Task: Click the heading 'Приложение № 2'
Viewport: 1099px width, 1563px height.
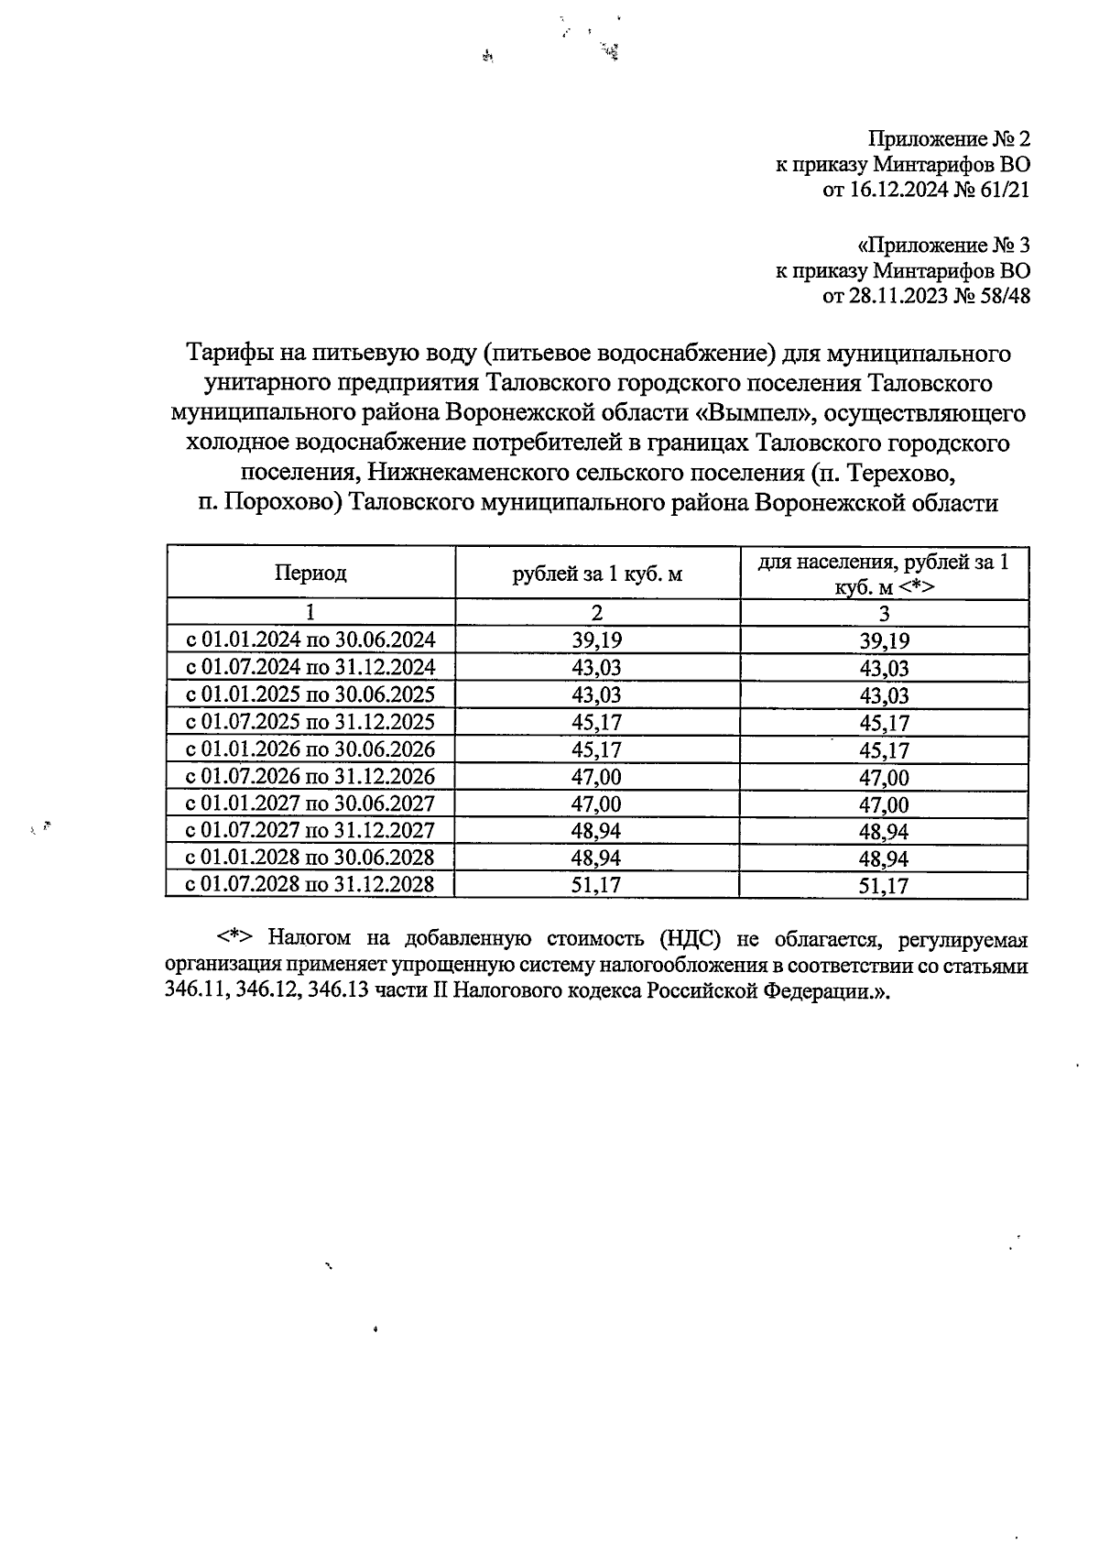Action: coord(949,139)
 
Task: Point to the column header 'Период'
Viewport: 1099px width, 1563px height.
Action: coord(310,574)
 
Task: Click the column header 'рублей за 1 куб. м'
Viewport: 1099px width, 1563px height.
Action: coord(597,574)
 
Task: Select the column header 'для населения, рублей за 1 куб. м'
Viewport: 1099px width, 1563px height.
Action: coord(883,574)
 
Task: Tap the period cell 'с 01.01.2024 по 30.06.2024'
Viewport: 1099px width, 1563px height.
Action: coord(310,639)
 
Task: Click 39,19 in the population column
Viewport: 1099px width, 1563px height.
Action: coord(884,641)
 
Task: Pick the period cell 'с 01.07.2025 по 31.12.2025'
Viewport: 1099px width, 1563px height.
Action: coord(310,721)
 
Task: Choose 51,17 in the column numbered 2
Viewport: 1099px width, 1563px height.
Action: coord(597,885)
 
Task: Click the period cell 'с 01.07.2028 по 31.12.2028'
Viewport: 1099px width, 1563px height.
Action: coord(310,884)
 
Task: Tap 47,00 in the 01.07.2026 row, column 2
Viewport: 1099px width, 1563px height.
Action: coord(597,776)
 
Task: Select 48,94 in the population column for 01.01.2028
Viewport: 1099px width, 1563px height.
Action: coord(884,858)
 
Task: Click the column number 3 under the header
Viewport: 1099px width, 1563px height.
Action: coord(884,614)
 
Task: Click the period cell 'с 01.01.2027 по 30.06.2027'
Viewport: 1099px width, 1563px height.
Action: coord(310,803)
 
